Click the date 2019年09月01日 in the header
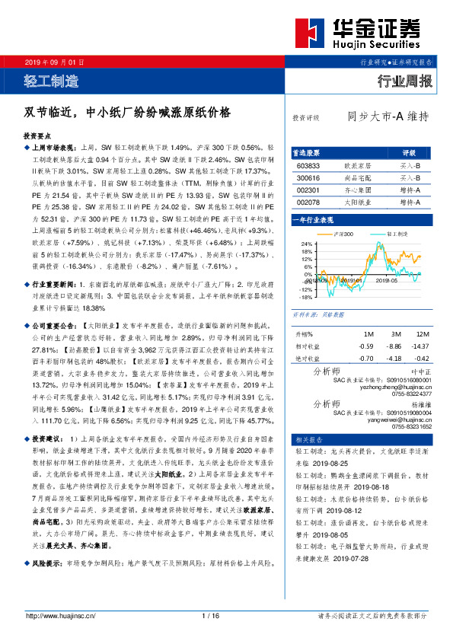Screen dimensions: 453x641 coord(53,61)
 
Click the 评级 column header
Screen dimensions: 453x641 coord(408,152)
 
